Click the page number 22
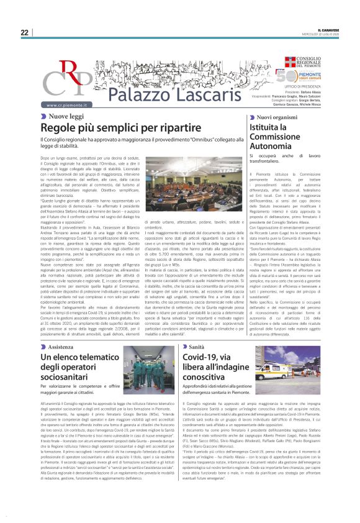[x=24, y=32]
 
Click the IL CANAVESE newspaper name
[x=330, y=30]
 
